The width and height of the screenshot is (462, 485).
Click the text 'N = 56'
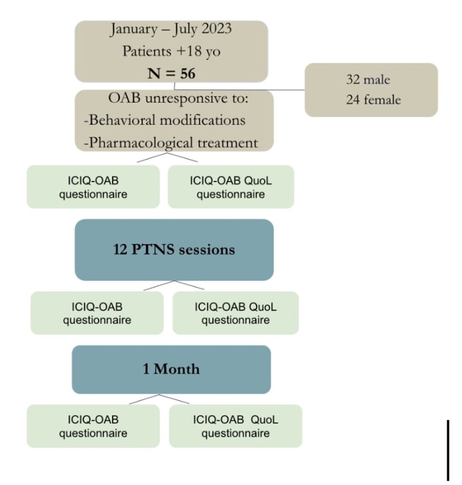(x=172, y=74)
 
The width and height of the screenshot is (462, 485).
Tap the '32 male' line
(x=368, y=80)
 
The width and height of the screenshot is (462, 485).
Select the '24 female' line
(x=373, y=100)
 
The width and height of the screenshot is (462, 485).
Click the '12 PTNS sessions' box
(x=174, y=250)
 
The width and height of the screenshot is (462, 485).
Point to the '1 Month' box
(x=171, y=369)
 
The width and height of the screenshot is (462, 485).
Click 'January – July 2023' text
(x=171, y=29)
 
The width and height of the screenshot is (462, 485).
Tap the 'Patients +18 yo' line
(x=171, y=51)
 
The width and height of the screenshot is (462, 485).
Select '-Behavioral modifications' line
(x=165, y=120)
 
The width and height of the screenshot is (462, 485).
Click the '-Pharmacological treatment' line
(x=171, y=142)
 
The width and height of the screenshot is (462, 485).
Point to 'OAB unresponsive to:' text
(x=178, y=98)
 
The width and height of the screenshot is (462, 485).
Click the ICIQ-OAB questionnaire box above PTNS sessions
(x=93, y=187)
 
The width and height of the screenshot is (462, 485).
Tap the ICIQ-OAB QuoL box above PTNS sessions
(x=231, y=187)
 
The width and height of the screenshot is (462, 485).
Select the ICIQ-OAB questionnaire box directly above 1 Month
(x=97, y=313)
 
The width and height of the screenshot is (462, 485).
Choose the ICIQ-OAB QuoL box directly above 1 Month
(x=235, y=313)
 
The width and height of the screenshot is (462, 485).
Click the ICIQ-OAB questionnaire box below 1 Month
(x=93, y=426)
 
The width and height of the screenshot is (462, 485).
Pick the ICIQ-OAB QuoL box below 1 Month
(x=235, y=426)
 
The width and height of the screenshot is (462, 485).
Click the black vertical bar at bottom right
(x=448, y=450)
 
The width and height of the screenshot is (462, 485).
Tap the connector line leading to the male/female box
(x=240, y=90)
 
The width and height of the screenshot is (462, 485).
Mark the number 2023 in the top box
(x=216, y=29)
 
